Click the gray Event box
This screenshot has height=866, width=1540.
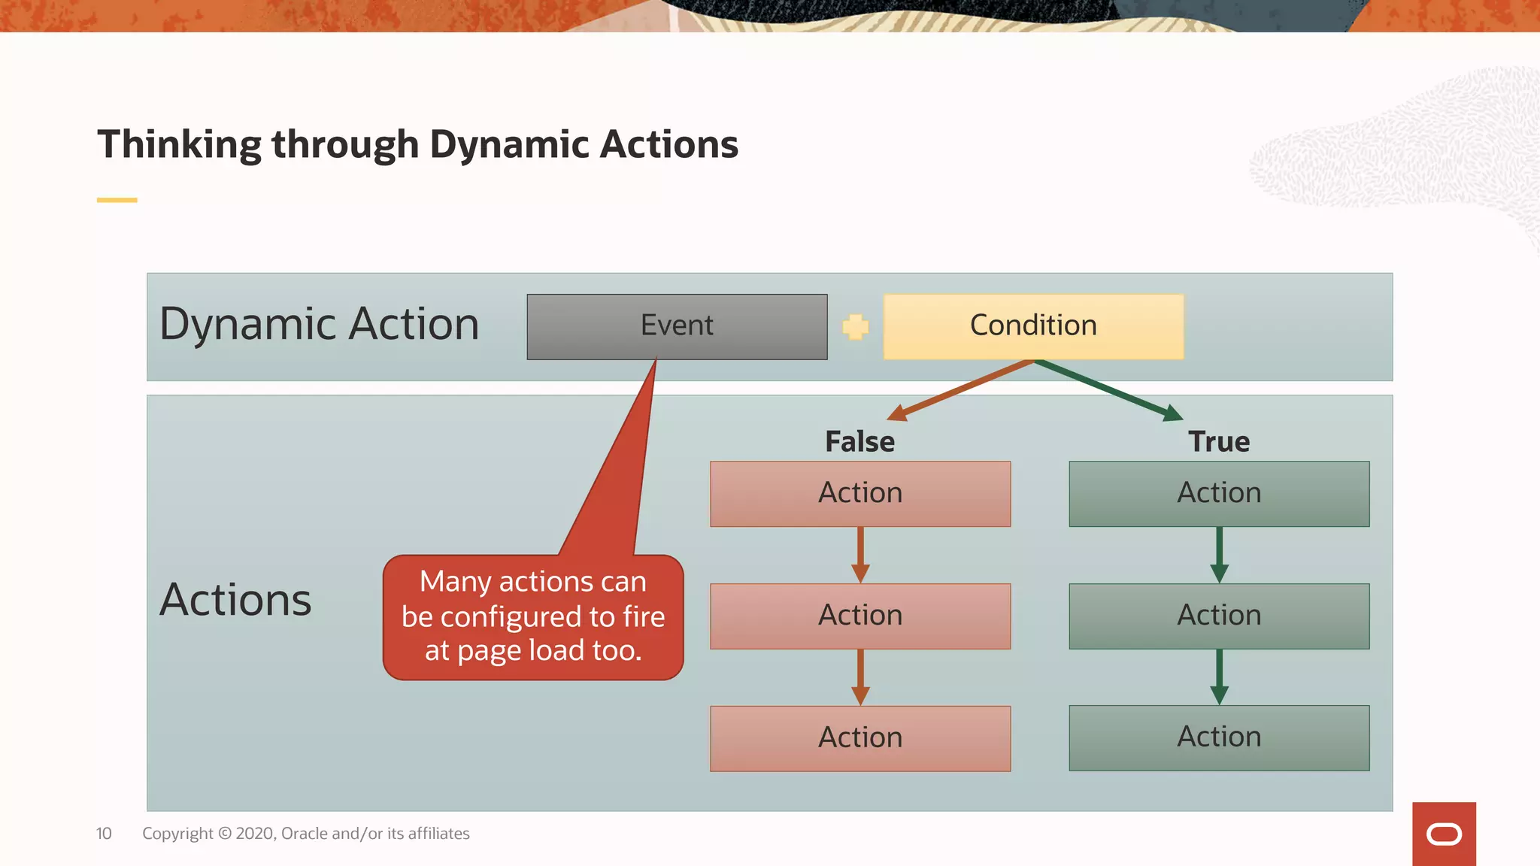click(x=677, y=326)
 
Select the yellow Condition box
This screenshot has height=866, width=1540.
click(x=1033, y=326)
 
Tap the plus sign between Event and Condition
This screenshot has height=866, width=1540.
click(x=855, y=326)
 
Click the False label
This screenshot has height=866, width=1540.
click(x=859, y=441)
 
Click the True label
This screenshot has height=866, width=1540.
click(x=1219, y=441)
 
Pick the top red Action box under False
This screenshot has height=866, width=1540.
click(x=860, y=493)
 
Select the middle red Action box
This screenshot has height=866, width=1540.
click(x=860, y=616)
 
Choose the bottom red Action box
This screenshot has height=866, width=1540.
click(x=860, y=737)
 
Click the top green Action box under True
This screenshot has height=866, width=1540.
click(x=1219, y=493)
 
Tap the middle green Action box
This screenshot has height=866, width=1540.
click(x=1219, y=616)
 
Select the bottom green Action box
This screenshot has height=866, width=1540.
click(x=1219, y=737)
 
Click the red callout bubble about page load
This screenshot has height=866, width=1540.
click(x=533, y=617)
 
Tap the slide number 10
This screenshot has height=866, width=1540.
click(x=104, y=833)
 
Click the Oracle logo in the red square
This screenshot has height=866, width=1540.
click(x=1444, y=834)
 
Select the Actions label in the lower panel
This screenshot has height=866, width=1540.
click(x=235, y=600)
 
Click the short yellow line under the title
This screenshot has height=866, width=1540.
click(x=117, y=200)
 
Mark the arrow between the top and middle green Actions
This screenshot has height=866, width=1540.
click(x=1219, y=555)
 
